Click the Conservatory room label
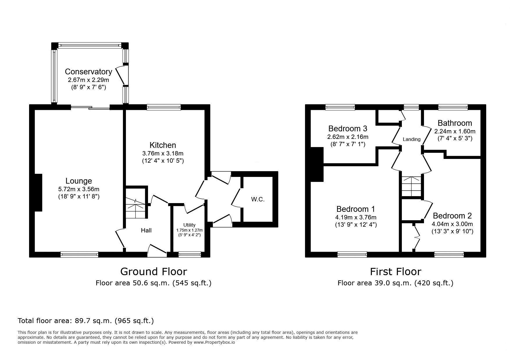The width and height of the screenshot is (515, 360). [88, 71]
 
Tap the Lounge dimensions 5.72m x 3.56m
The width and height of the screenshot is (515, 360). [79, 189]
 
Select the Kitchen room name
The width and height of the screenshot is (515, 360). [163, 145]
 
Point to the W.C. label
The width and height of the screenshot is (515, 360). [258, 200]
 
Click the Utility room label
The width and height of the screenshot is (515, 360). [189, 225]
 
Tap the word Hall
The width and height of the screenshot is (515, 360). [146, 230]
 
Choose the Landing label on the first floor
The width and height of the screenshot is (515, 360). [411, 139]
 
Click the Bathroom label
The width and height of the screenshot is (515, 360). [455, 123]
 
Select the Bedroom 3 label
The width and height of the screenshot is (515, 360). [348, 128]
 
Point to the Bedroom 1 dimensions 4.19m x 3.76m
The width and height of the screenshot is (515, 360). [356, 217]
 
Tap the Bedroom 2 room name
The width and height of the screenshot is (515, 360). [452, 216]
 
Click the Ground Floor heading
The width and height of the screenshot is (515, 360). [154, 272]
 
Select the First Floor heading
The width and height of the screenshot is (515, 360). [395, 272]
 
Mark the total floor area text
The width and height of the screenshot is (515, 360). [86, 321]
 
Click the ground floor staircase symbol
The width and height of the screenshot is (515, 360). [135, 203]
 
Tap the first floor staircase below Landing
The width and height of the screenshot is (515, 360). [411, 187]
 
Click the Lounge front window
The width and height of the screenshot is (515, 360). [79, 255]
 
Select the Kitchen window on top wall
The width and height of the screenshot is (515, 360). [164, 107]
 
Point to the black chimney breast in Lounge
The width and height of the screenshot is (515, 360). [38, 193]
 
